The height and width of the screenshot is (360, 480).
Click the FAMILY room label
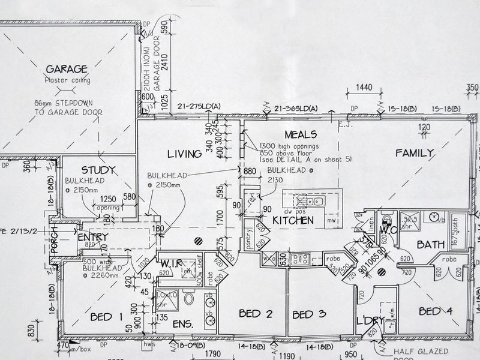click(413, 154)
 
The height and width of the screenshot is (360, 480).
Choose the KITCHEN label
click(293, 221)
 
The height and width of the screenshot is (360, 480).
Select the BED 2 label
click(256, 313)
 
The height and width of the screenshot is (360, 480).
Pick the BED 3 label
click(310, 314)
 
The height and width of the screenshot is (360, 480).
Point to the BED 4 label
click(436, 311)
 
